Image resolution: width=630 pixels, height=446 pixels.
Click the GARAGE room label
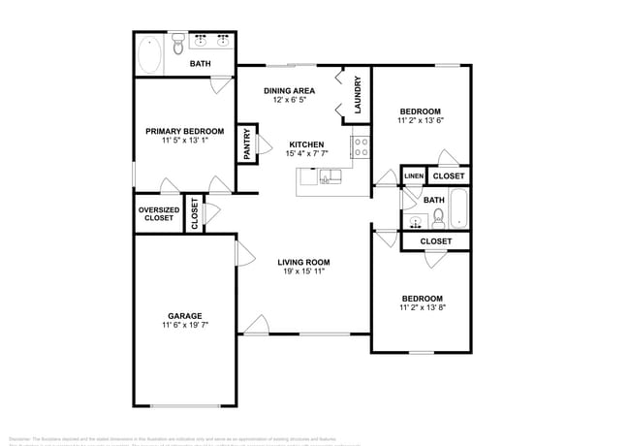coord(184,316)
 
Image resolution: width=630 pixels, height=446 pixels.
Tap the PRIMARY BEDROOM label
coord(184,131)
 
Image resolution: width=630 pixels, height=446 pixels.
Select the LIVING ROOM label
coord(304,261)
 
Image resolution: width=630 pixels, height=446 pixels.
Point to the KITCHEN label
coord(305,144)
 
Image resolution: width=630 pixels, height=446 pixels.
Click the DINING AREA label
coord(290,90)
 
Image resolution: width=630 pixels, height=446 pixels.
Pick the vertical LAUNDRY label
coord(358,94)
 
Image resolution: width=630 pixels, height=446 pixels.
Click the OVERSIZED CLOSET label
coord(157,213)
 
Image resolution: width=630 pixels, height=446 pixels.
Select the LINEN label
coord(414,176)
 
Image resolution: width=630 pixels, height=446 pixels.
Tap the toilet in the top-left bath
coord(178,46)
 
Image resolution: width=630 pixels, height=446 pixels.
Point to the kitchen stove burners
coord(360,147)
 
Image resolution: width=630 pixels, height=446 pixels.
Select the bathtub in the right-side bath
coord(459,207)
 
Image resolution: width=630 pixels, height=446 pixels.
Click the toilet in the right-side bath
coord(437,216)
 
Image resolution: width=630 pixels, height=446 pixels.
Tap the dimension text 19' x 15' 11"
coord(304,271)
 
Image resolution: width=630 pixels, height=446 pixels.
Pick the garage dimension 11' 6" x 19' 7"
coord(184,326)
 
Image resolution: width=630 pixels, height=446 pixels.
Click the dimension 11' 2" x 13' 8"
coord(422,307)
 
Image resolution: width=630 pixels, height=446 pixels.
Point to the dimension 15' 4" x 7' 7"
coord(305,154)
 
